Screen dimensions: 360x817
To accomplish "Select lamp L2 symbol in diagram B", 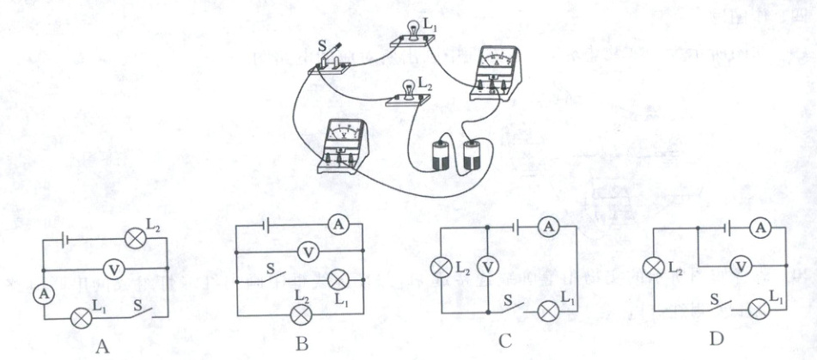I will click(301, 314).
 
